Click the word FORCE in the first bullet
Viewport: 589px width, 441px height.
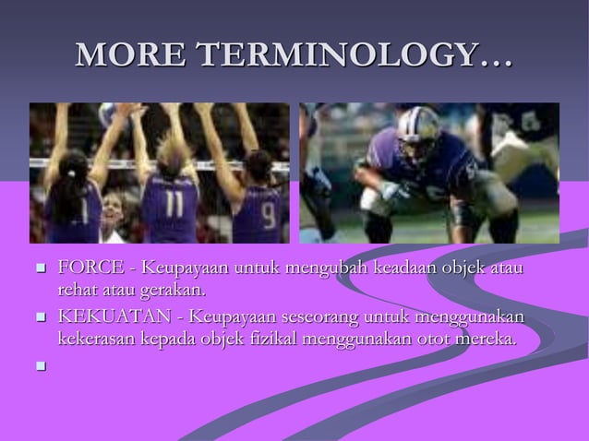pos(90,268)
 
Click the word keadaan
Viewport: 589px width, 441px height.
pos(406,268)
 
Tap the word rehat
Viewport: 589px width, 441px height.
pos(76,292)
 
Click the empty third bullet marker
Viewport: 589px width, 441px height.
pos(40,366)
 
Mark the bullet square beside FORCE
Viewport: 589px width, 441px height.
pos(40,269)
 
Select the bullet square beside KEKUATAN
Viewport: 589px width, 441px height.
pos(40,318)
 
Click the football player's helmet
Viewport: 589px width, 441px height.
pos(420,135)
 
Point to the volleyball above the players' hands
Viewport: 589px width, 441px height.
pos(111,112)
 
